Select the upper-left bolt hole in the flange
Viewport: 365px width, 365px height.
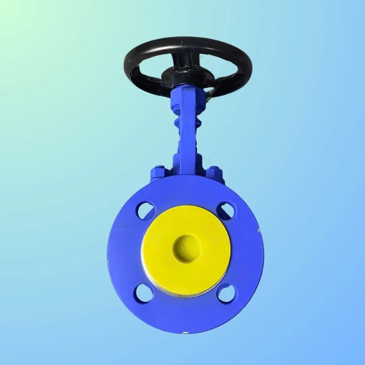click(146, 211)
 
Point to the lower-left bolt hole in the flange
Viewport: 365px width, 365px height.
click(144, 293)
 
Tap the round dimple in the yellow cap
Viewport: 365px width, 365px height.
click(187, 249)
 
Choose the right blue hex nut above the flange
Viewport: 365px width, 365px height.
click(214, 172)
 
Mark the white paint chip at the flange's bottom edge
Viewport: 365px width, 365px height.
click(185, 332)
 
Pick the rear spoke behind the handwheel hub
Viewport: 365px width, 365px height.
click(179, 59)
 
